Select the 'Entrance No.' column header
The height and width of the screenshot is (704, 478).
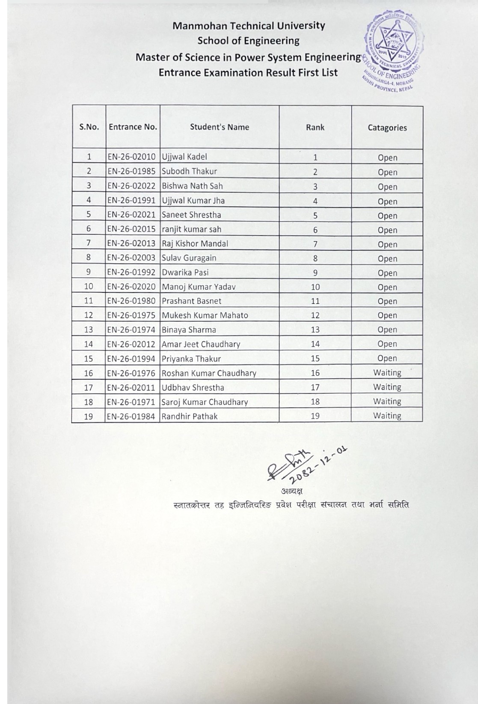click(x=133, y=127)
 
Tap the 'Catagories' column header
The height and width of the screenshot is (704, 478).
click(x=387, y=128)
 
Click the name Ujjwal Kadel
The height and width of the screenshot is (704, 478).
click(x=184, y=157)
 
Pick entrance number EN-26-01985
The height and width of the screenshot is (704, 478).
click(x=132, y=171)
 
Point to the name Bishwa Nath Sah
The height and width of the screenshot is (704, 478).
click(x=192, y=186)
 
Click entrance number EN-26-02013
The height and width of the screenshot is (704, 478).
click(x=132, y=243)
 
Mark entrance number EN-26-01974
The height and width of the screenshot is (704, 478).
click(x=132, y=330)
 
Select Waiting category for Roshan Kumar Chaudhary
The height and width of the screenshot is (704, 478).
click(x=387, y=373)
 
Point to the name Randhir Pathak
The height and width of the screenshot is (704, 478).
click(x=190, y=416)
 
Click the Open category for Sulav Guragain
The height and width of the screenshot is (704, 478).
click(x=387, y=259)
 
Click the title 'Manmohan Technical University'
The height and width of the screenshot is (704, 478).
click(x=249, y=26)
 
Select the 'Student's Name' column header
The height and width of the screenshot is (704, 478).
click(x=220, y=127)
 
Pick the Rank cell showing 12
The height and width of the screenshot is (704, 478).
click(x=315, y=315)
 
